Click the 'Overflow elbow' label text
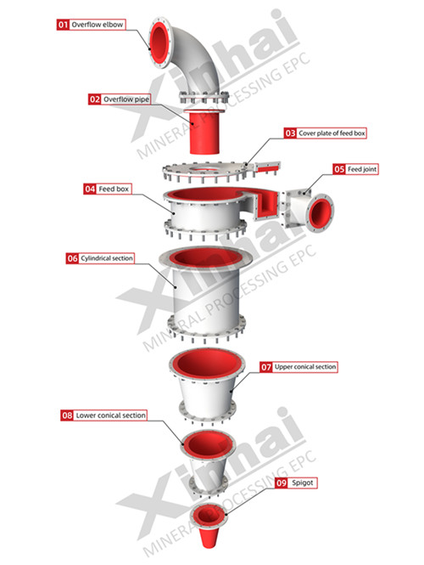click(x=98, y=25)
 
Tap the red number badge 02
click(x=95, y=99)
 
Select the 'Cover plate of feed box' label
click(x=332, y=133)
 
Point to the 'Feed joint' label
click(x=362, y=169)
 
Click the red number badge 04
click(x=90, y=189)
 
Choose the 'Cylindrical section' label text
click(x=107, y=258)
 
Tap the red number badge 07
click(x=266, y=367)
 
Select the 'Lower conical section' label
click(x=111, y=415)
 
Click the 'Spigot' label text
click(x=303, y=483)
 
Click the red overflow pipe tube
click(x=204, y=133)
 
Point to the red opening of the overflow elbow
click(x=159, y=42)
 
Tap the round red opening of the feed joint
click(x=320, y=213)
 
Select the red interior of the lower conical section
click(x=207, y=445)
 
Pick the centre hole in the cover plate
click(x=204, y=168)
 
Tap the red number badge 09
click(x=282, y=483)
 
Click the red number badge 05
click(x=339, y=169)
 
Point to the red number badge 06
click(x=72, y=258)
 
